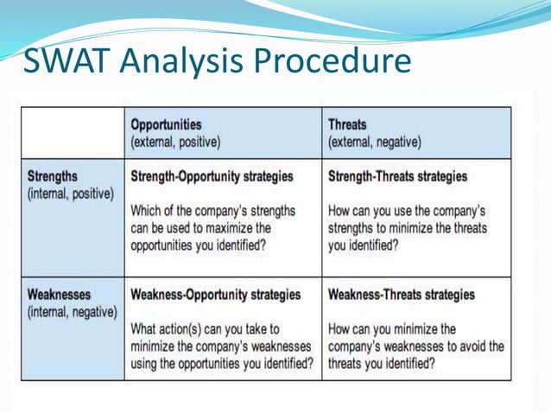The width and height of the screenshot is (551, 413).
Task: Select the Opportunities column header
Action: (x=167, y=124)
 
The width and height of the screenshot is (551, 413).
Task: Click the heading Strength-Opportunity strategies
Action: (x=212, y=176)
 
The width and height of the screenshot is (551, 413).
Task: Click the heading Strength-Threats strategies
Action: (x=398, y=176)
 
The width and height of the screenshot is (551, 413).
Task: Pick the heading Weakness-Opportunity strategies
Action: (x=216, y=295)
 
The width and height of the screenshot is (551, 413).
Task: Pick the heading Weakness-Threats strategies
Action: (x=402, y=295)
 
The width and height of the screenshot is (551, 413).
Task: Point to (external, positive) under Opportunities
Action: (x=175, y=141)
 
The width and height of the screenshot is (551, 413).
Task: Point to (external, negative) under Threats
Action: (x=375, y=141)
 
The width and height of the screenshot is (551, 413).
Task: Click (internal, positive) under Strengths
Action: (x=69, y=194)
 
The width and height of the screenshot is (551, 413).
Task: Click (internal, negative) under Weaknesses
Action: (x=72, y=312)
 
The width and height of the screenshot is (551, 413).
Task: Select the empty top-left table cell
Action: (x=72, y=132)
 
